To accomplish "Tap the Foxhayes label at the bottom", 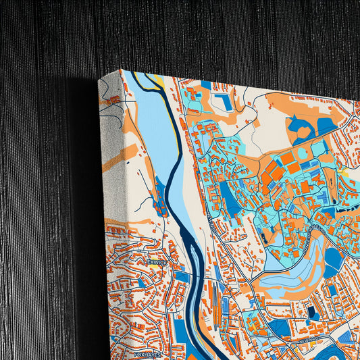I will coord(148,353).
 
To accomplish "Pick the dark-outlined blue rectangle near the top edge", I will coord(222,102).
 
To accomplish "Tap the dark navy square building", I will coord(311,312).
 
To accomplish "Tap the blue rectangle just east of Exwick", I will coord(182,276).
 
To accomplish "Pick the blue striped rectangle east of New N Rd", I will coord(344,337).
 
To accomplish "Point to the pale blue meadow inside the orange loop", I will coord(290,274).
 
